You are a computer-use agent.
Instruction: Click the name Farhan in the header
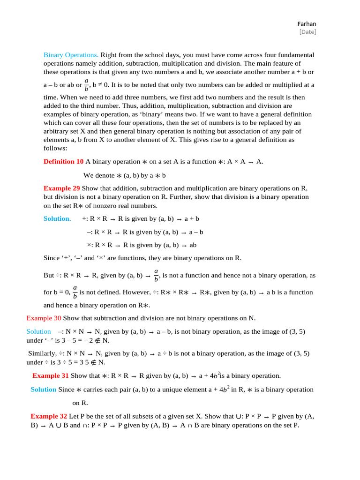(x=307, y=23)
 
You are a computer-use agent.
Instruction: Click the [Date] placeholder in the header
(x=307, y=32)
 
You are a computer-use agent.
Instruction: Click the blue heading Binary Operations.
(x=71, y=55)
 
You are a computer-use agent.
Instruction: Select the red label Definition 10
(x=63, y=162)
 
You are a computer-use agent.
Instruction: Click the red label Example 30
(x=44, y=318)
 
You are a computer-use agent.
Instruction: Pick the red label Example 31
(x=51, y=375)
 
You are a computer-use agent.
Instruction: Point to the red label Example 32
(x=49, y=416)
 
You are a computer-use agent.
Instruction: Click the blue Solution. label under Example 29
(x=57, y=218)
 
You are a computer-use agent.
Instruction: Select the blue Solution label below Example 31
(x=43, y=390)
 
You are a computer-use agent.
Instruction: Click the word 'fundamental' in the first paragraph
(x=295, y=55)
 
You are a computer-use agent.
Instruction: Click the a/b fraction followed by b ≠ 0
(x=86, y=85)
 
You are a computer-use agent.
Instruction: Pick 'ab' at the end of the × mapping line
(x=193, y=245)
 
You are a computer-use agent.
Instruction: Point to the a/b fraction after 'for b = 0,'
(x=75, y=292)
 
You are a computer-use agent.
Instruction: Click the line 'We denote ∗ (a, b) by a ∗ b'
(x=125, y=175)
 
